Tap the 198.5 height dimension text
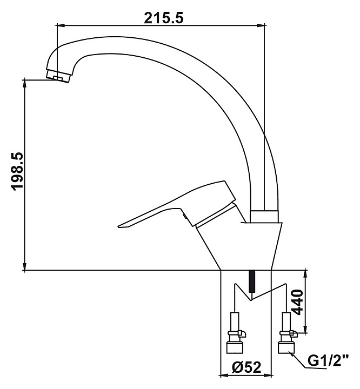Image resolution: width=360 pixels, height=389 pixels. point(18,172)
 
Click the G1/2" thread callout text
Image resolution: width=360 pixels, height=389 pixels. point(331,360)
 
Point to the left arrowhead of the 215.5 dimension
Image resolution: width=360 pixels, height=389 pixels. point(60,25)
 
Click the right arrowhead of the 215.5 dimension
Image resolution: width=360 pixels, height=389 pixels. point(262,25)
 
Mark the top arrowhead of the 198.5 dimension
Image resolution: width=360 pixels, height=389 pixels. point(25,83)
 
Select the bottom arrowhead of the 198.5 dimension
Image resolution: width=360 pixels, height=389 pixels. point(25,267)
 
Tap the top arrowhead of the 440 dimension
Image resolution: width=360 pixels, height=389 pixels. point(306,273)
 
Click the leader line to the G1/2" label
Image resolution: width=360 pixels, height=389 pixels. point(301,361)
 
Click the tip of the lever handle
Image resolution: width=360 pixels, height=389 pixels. point(119,226)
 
